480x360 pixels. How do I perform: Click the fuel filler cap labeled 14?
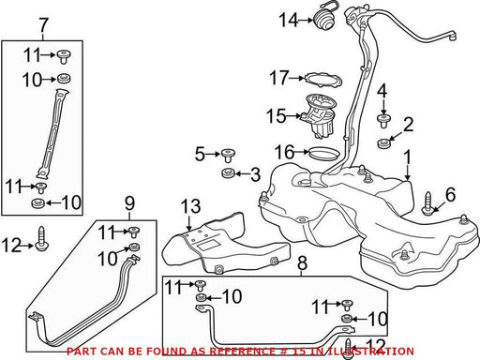tap(324, 19)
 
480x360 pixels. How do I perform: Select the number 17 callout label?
tap(278, 78)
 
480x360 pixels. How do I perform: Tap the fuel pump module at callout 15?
tap(317, 116)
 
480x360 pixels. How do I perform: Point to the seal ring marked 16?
tap(323, 153)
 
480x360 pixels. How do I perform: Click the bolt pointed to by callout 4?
tap(383, 121)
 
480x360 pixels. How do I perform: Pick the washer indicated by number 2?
tap(384, 143)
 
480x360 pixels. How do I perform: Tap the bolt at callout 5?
tap(229, 156)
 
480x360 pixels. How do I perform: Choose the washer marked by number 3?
tap(228, 173)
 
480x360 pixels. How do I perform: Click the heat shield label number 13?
tap(190, 206)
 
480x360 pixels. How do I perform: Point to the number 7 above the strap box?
tap(44, 25)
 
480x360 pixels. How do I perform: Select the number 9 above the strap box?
tap(129, 203)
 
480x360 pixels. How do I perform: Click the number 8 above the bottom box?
tap(302, 263)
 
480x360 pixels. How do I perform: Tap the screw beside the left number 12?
tap(41, 239)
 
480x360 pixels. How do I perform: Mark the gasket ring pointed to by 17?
tap(323, 80)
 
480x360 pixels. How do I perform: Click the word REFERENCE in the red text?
tap(242, 352)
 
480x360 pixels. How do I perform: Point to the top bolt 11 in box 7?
tap(64, 56)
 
